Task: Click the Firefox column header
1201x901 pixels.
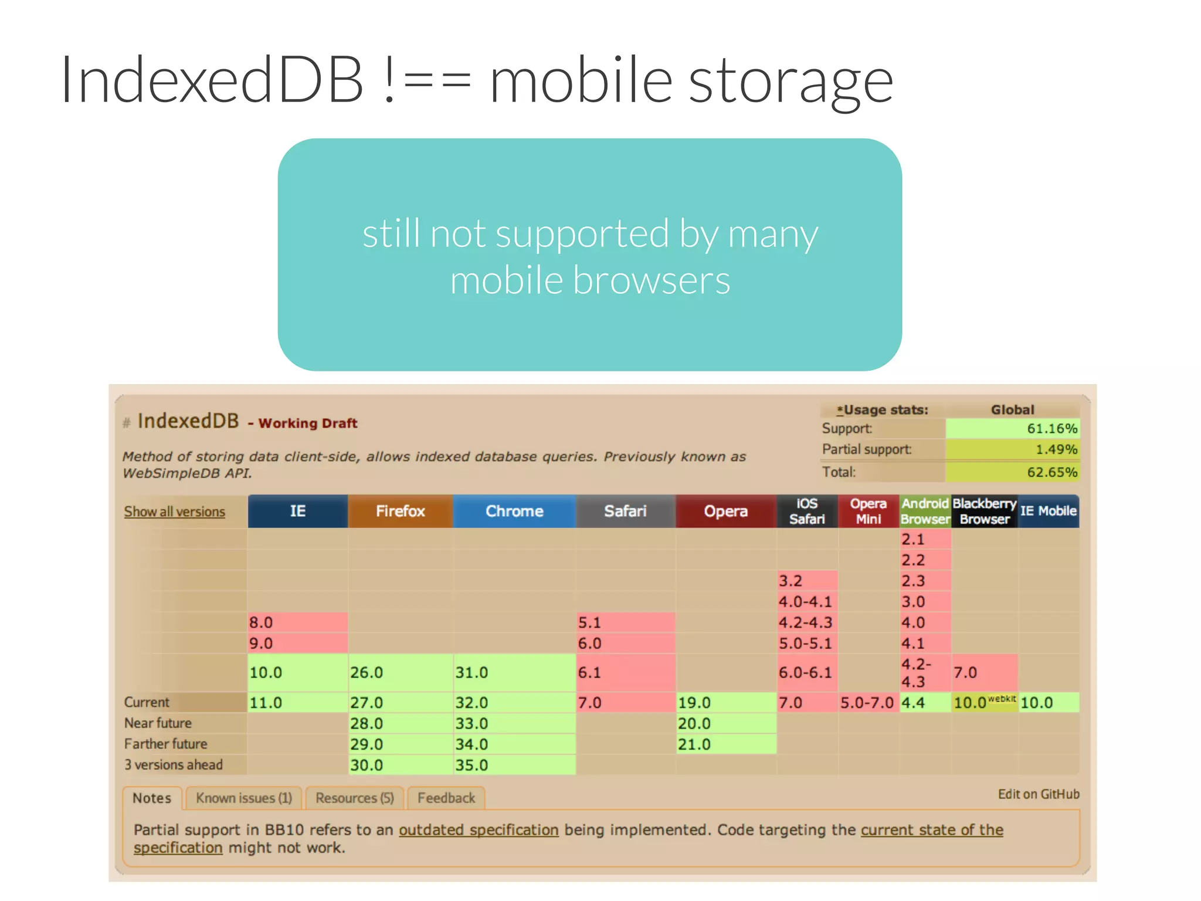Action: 400,511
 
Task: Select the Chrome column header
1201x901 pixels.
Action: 514,511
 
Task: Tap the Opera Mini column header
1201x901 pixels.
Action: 868,511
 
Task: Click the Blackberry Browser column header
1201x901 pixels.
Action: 984,511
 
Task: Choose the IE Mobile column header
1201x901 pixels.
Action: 1048,511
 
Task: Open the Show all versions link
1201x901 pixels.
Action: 174,512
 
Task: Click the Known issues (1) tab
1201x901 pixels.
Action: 243,798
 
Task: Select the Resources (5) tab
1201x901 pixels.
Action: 354,798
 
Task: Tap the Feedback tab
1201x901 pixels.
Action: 446,798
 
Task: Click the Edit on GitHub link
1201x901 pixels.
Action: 1038,794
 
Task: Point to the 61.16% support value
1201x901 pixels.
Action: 1051,429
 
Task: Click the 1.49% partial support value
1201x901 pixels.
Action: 1056,449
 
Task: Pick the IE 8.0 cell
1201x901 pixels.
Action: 297,622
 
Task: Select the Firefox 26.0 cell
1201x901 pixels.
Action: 400,672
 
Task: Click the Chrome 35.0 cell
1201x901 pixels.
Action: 514,765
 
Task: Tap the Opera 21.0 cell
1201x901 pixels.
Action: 725,744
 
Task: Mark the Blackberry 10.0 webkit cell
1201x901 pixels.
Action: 984,702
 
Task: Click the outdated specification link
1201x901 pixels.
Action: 479,830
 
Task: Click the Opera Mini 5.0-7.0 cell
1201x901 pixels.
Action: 867,702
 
